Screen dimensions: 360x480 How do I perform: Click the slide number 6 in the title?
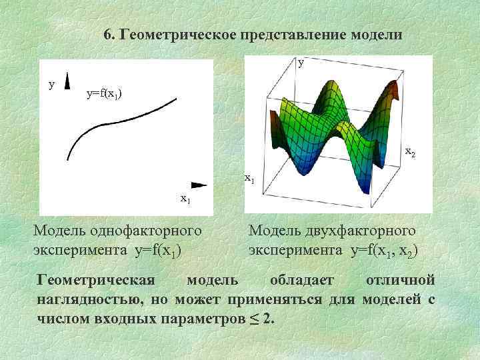(109, 35)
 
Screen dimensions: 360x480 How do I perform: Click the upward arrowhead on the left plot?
(68, 83)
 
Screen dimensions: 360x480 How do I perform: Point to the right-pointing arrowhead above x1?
(198, 184)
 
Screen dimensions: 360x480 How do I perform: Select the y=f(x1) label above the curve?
(104, 93)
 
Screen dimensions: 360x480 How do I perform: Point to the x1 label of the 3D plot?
(249, 178)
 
